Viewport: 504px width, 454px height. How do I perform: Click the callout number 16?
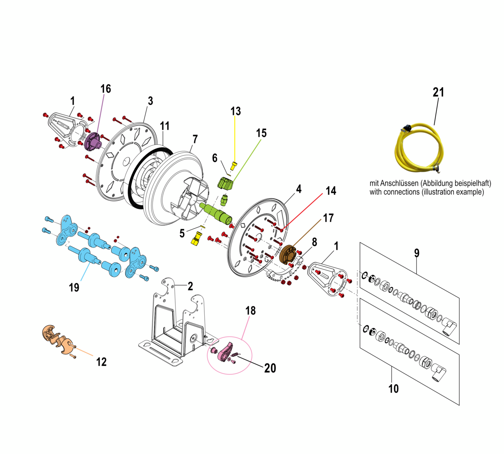(x=106, y=89)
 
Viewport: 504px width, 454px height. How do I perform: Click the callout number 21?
(x=438, y=93)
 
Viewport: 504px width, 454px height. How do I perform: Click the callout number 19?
(x=74, y=288)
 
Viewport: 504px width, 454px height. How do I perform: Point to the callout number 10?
(x=393, y=389)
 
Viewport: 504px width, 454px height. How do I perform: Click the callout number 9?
(x=417, y=253)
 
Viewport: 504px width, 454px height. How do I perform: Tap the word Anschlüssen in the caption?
(x=399, y=183)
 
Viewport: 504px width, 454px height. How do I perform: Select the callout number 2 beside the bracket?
(x=190, y=286)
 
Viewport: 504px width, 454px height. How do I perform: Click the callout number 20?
(x=270, y=368)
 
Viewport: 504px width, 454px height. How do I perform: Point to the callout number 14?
(x=331, y=191)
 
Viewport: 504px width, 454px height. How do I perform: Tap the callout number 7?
(x=195, y=139)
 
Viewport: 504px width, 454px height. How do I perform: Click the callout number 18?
(x=250, y=311)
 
